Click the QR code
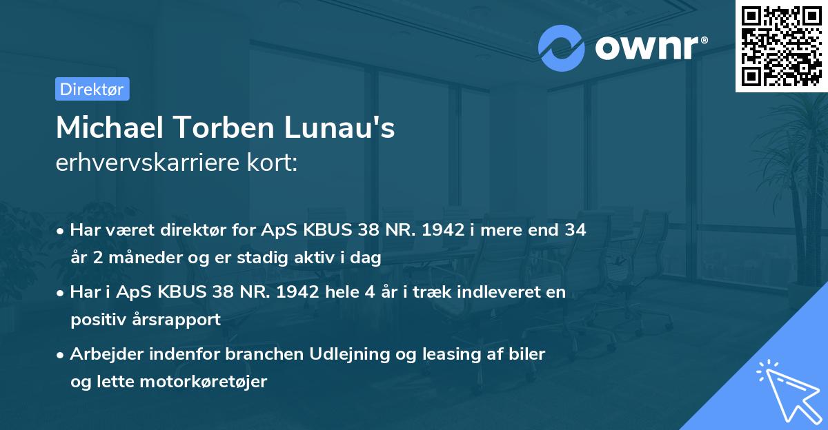click(x=781, y=45)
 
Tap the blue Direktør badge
click(x=92, y=89)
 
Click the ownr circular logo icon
click(x=562, y=48)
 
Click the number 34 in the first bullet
click(x=575, y=230)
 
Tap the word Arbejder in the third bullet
click(x=104, y=354)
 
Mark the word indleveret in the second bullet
click(x=484, y=292)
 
